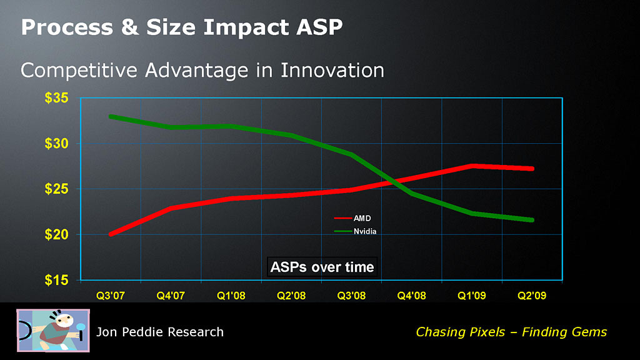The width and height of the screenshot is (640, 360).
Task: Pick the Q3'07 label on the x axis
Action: pyautogui.click(x=110, y=295)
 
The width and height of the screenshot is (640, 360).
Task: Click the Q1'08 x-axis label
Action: pyautogui.click(x=231, y=295)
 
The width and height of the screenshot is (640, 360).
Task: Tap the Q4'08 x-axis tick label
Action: pyautogui.click(x=411, y=295)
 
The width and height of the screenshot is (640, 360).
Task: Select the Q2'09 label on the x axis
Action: pyautogui.click(x=532, y=295)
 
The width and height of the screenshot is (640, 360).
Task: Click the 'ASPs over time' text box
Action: pyautogui.click(x=322, y=267)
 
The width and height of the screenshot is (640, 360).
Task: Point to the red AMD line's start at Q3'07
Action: pyautogui.click(x=111, y=234)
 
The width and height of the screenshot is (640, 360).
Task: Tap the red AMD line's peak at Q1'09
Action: pyautogui.click(x=472, y=166)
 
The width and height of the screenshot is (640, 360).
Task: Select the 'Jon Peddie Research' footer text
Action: pyautogui.click(x=159, y=332)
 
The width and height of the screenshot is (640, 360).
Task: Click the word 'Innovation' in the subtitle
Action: pyautogui.click(x=332, y=69)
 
